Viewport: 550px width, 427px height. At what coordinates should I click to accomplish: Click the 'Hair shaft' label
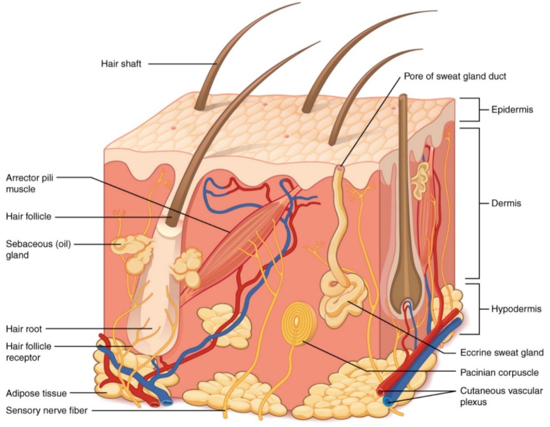tap(121, 64)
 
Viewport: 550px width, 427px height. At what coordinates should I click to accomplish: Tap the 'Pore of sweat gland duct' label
tap(455, 76)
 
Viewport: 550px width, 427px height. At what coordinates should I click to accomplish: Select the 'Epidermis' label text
tap(512, 110)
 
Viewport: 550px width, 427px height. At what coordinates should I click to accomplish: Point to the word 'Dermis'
tap(506, 203)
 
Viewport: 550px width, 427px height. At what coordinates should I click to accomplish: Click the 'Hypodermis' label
tap(516, 309)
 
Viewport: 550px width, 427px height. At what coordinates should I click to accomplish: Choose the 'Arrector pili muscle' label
tap(30, 183)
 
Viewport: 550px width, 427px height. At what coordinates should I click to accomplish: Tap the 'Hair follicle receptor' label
tap(28, 352)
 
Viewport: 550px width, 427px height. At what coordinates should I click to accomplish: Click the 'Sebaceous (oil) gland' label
tap(38, 249)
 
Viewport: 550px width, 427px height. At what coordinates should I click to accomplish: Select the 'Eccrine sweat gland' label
tap(501, 353)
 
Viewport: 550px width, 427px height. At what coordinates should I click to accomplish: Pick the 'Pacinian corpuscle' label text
tap(499, 373)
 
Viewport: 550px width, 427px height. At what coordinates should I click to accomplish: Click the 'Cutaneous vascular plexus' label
tap(501, 396)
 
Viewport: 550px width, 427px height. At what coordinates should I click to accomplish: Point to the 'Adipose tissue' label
tap(36, 393)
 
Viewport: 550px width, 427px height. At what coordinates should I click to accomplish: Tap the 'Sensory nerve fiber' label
tap(47, 411)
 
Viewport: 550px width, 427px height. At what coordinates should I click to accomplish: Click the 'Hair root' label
tap(24, 329)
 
